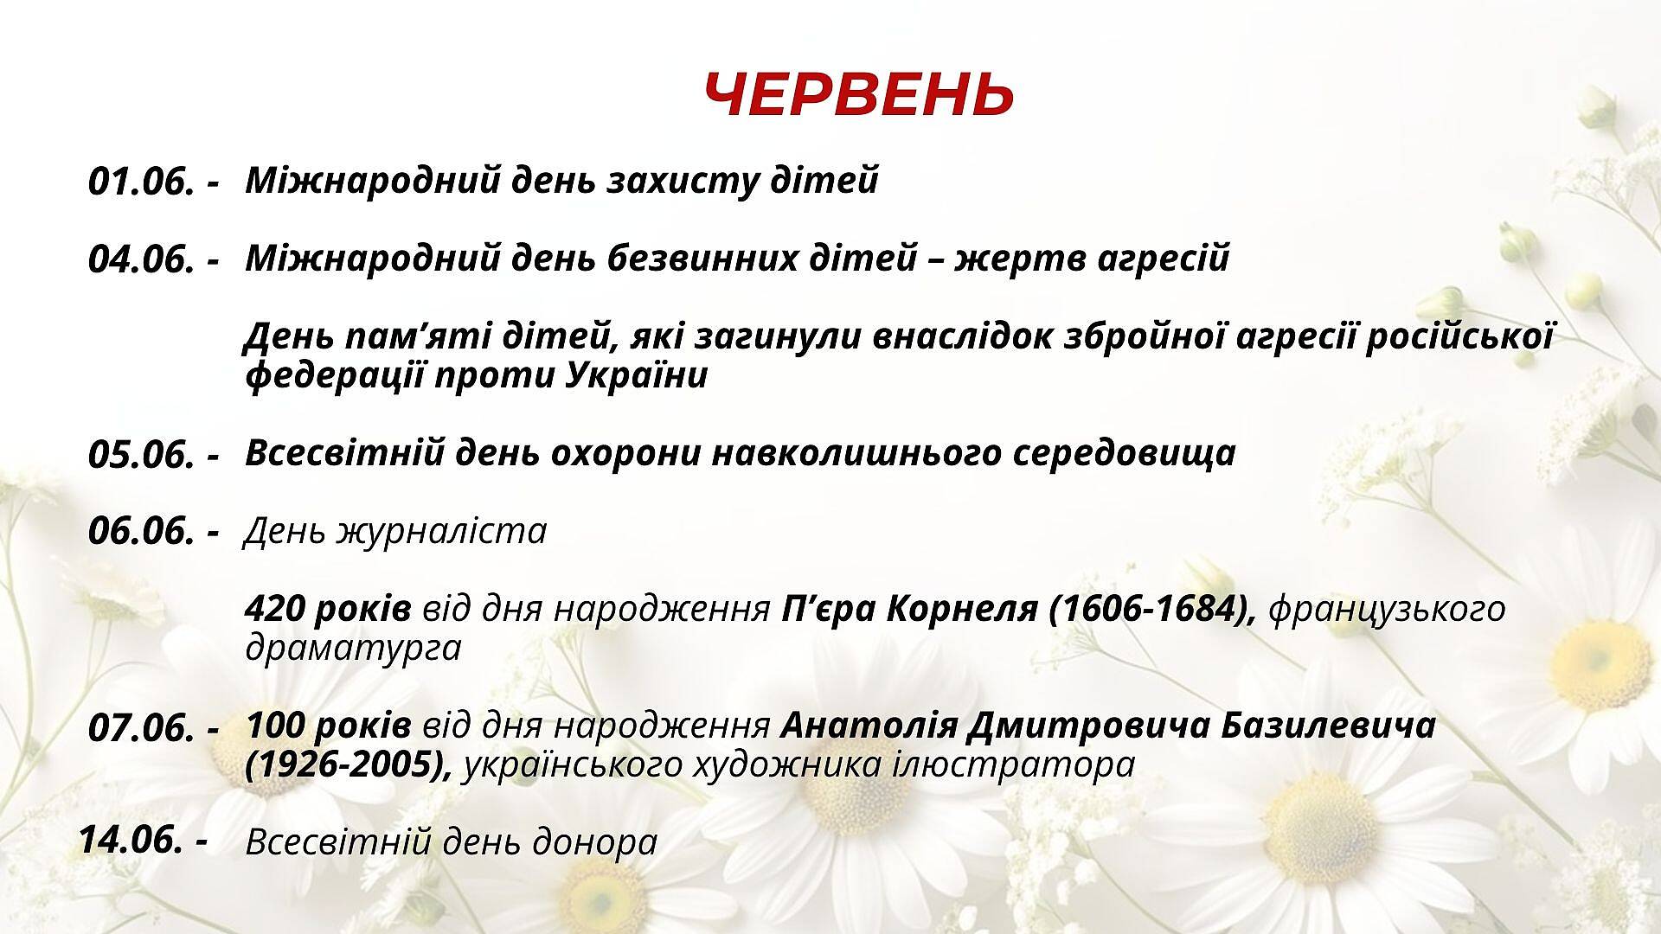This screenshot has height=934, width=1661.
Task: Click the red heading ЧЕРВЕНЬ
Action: point(858,94)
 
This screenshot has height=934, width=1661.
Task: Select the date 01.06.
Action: point(141,182)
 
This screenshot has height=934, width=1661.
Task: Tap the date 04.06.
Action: point(141,260)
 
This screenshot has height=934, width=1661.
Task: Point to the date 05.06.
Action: point(141,455)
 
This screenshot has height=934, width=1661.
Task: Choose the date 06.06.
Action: point(141,531)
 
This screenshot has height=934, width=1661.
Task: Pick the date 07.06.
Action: point(141,728)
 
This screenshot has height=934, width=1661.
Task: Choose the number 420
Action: point(274,609)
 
